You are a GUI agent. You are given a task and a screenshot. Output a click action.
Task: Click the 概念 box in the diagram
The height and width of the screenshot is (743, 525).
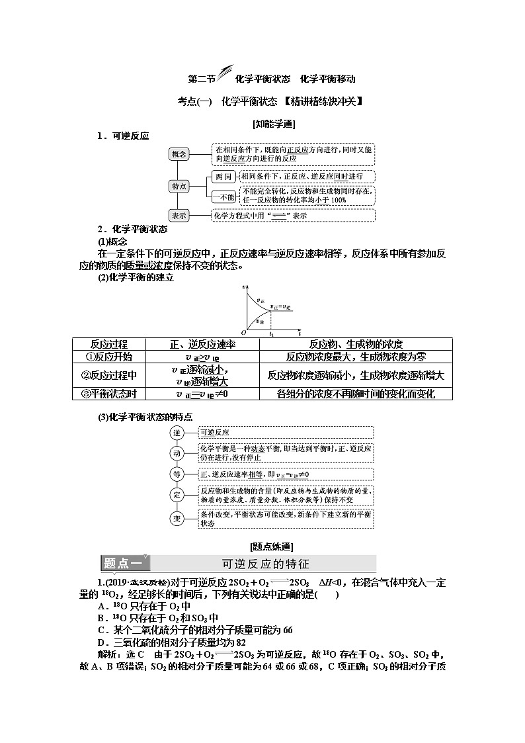[x=179, y=154]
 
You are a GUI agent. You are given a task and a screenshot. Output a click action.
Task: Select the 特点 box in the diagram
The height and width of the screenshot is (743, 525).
[x=179, y=186]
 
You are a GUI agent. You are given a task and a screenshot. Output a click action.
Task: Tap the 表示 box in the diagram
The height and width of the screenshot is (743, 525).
[x=179, y=216]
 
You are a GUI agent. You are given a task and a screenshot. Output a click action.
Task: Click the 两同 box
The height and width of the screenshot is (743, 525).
[x=223, y=177]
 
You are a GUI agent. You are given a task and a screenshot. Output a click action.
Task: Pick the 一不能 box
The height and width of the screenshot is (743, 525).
[x=223, y=197]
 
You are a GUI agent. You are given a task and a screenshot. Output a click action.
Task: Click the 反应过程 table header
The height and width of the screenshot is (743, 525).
[x=109, y=344]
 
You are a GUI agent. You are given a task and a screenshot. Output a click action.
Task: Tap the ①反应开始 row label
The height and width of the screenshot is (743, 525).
[x=109, y=357]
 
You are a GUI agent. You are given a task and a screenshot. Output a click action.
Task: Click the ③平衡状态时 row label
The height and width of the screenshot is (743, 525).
[x=109, y=394]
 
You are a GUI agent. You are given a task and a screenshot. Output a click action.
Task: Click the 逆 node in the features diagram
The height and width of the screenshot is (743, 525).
[x=177, y=432]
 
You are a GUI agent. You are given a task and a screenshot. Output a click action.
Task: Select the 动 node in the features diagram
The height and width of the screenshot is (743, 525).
[x=177, y=453]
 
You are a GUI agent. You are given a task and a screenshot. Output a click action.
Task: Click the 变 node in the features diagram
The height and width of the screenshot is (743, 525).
[x=177, y=518]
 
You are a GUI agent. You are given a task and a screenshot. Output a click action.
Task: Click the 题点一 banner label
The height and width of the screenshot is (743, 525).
[x=124, y=564]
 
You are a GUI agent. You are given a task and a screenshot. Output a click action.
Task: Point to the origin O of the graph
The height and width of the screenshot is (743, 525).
[x=243, y=332]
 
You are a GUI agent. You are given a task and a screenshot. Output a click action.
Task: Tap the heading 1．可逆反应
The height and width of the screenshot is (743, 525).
[x=123, y=136]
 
